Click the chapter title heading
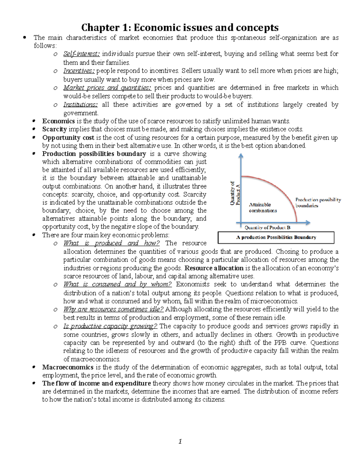(x=180, y=28)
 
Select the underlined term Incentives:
(x=79, y=71)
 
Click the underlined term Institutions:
(x=80, y=105)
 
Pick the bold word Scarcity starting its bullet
(x=54, y=129)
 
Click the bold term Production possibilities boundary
(x=94, y=154)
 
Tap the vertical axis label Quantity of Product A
(x=235, y=193)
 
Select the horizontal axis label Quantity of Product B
(x=267, y=228)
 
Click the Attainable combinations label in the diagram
(x=262, y=208)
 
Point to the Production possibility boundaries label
(x=318, y=203)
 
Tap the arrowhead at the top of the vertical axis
(x=241, y=155)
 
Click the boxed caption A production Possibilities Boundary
(x=276, y=237)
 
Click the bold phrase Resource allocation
(x=214, y=268)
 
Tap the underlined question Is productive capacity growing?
(x=110, y=326)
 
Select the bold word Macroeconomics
(x=68, y=367)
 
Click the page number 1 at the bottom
(x=180, y=441)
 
